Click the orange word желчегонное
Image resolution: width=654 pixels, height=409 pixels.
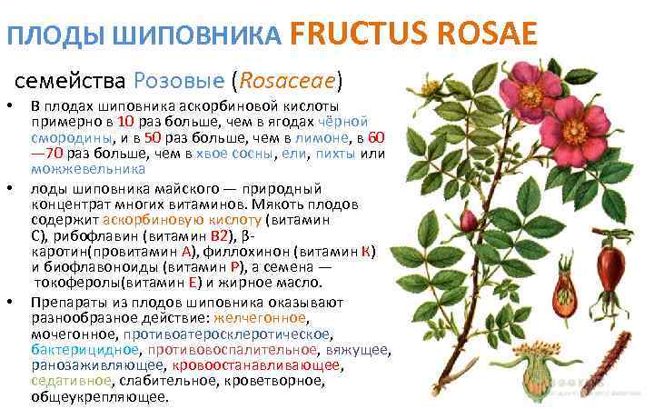[x=261, y=318]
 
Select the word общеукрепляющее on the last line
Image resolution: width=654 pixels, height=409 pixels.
[x=100, y=398]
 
